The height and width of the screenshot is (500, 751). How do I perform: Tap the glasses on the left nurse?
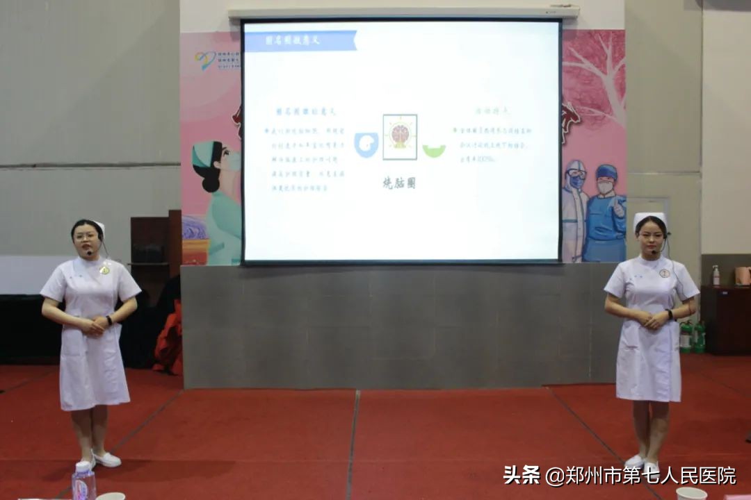click(86, 236)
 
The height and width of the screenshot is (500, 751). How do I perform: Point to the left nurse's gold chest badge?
click(105, 269)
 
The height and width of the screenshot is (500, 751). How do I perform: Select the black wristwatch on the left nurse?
click(109, 320)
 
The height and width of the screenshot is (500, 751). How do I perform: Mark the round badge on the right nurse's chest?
click(664, 273)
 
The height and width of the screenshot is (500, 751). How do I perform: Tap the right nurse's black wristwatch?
click(670, 314)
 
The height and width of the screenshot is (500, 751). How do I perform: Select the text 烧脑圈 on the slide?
click(399, 183)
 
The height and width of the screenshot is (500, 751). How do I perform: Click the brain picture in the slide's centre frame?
click(400, 135)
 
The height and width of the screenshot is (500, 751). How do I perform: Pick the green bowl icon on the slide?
click(434, 150)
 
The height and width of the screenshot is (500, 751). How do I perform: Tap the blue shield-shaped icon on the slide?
click(366, 144)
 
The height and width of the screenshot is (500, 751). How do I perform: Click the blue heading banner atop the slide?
click(301, 41)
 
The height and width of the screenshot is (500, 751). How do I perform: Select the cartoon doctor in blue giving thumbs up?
click(605, 212)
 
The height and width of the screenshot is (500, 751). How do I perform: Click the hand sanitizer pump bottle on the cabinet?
click(716, 276)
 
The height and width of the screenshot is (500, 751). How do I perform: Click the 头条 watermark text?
click(522, 476)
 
